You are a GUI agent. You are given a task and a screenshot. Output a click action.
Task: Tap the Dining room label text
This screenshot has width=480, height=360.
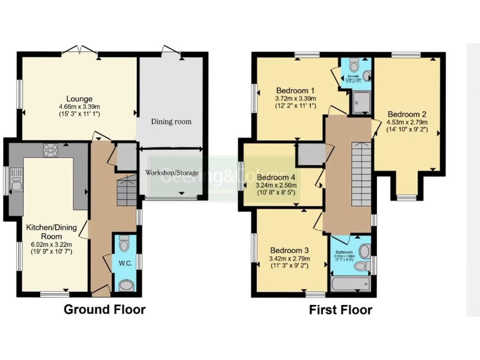171,121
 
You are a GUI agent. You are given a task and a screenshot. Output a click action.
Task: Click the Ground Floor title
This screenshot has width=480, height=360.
104,309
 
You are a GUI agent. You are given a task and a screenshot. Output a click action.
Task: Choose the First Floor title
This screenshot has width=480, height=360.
340,310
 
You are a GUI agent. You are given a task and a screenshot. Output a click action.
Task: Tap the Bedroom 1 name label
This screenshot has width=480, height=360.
295,90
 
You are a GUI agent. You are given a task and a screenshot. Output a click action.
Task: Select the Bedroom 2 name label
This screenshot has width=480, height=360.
407,114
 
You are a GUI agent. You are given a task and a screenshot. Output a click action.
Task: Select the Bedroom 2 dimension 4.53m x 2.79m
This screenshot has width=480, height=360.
407,122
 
